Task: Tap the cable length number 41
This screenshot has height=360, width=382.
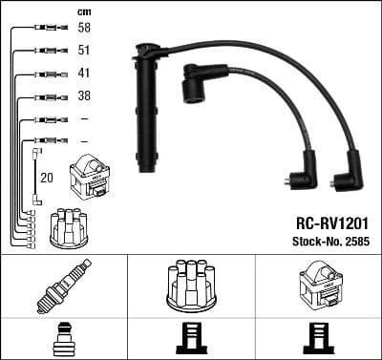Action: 85,74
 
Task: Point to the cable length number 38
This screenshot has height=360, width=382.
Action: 85,96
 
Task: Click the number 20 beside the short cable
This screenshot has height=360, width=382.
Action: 46,178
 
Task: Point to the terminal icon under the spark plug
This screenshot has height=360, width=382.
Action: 62,339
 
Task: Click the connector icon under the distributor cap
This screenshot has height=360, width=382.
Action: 191,339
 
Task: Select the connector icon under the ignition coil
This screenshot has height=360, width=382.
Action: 318,339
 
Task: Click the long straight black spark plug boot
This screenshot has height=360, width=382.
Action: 147,110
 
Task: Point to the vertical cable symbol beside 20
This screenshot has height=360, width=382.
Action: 35,176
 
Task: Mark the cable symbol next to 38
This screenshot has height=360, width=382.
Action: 46,96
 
